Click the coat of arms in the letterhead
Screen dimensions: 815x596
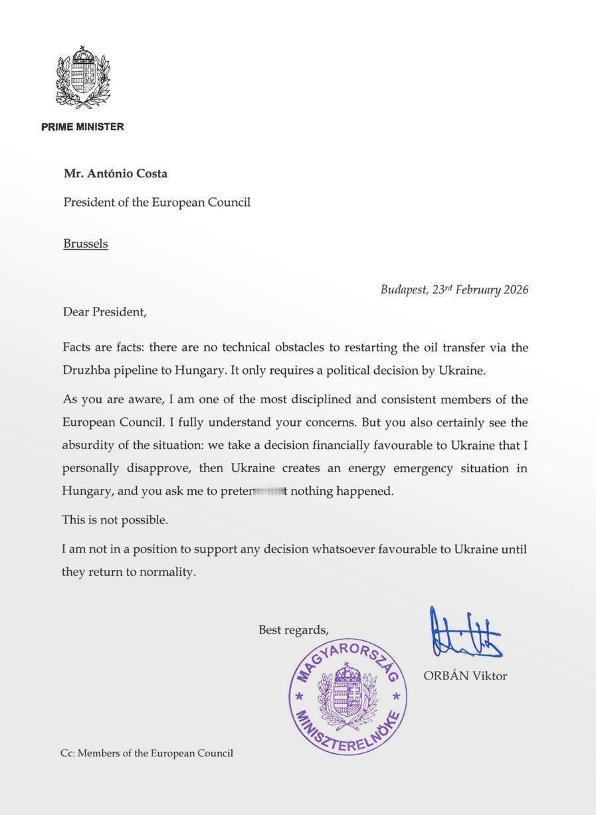coord(83,77)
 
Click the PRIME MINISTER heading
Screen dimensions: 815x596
coord(82,127)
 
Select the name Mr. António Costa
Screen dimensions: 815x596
coord(116,174)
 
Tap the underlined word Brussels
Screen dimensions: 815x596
coord(86,244)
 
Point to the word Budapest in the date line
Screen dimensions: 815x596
coord(403,290)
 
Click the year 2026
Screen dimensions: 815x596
coord(516,290)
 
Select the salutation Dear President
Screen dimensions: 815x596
coord(104,312)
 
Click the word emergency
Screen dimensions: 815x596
coord(423,468)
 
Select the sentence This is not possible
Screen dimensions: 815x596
coord(115,520)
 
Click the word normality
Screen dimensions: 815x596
coord(167,572)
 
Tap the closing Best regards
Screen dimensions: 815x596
coord(293,630)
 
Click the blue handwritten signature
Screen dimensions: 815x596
coord(465,634)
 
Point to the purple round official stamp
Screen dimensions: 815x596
coord(348,697)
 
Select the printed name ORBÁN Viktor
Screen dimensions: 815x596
coord(465,676)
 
